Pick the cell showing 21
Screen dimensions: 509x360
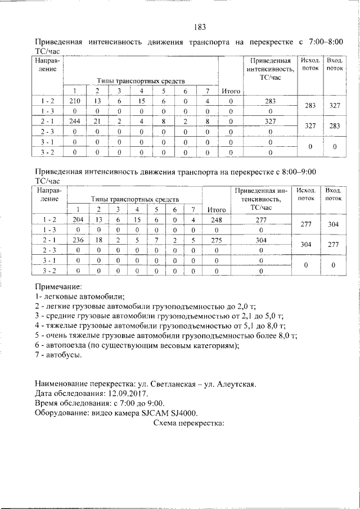click(97, 121)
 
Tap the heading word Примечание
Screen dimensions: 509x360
click(58, 286)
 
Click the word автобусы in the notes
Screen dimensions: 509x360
click(63, 355)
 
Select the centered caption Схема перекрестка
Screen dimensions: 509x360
click(188, 423)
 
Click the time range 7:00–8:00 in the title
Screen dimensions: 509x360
click(323, 42)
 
